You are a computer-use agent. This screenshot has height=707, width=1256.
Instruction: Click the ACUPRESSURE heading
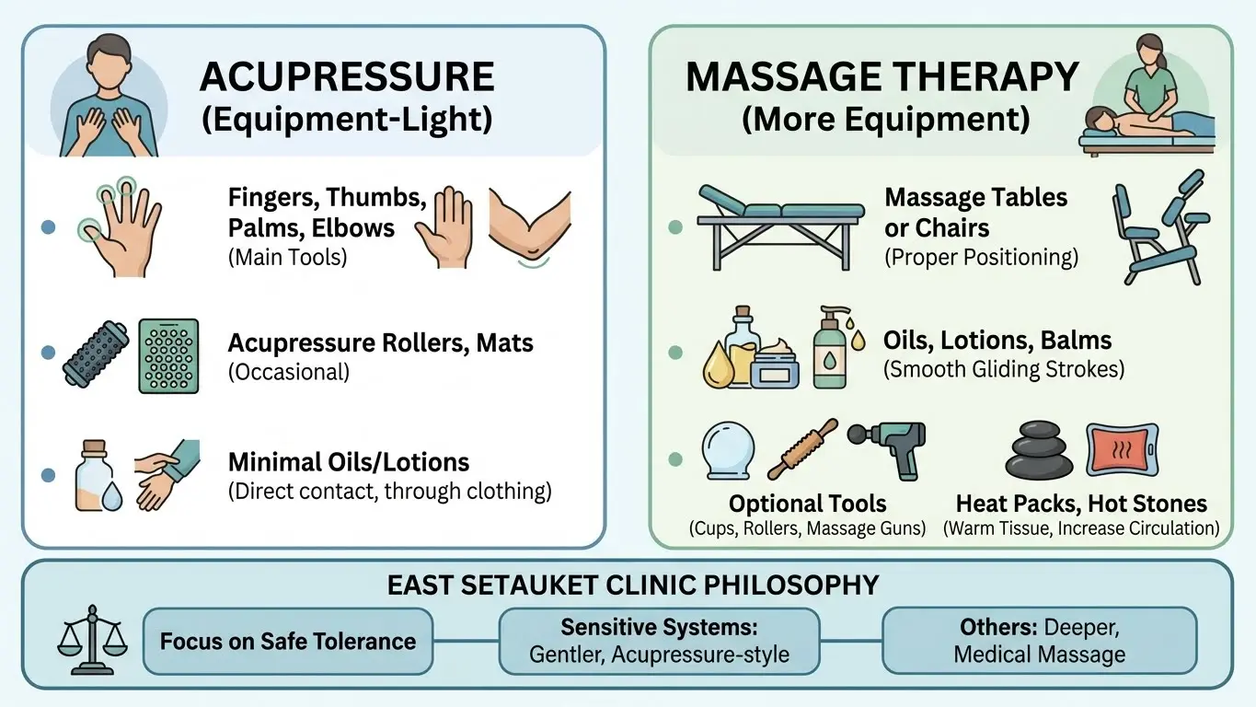347,77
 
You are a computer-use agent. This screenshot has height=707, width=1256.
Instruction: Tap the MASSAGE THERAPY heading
882,77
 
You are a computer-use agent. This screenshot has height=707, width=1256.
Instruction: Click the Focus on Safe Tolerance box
288,641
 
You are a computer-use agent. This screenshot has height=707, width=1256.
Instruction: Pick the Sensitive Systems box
658,641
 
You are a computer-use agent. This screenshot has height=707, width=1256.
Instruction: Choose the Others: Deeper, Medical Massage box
1039,641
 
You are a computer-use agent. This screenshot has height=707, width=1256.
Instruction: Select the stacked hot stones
1038,452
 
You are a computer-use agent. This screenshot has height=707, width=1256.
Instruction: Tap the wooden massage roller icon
802,448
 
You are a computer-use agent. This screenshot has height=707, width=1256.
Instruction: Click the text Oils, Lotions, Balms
997,340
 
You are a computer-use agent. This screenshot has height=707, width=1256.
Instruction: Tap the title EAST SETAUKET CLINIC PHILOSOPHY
633,585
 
